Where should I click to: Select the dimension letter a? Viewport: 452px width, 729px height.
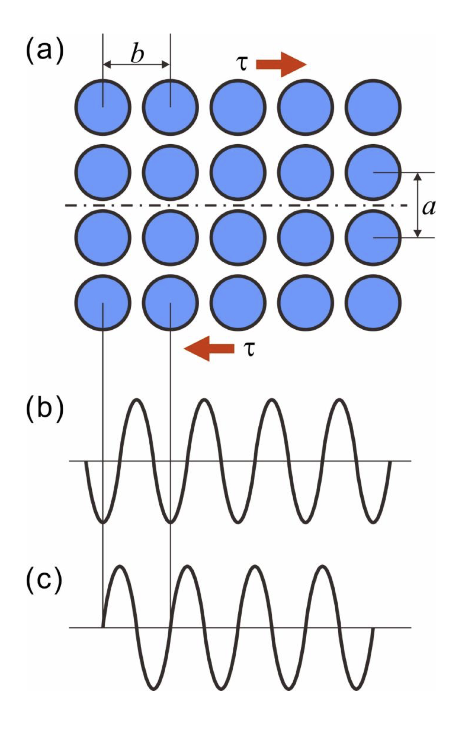429,207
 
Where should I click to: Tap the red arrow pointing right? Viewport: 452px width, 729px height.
281,64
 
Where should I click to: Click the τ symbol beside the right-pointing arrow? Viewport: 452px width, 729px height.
242,64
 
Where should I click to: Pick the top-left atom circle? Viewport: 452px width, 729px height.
103,107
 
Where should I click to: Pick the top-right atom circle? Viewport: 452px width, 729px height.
373,107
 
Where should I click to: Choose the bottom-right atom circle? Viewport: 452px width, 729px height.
373,302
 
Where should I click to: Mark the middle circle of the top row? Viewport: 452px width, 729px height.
238,107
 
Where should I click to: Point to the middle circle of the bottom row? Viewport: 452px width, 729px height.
238,302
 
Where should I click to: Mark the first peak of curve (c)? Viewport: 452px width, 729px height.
120,566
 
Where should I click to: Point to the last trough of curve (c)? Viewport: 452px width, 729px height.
356,688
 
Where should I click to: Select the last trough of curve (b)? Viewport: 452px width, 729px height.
373,522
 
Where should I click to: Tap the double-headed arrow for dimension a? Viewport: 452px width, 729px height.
418,205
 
